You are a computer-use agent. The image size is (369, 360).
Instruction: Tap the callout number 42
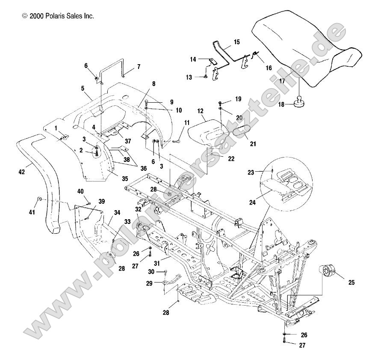22,172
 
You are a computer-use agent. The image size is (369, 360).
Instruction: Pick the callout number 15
236,42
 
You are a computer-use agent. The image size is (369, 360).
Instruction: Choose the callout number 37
127,141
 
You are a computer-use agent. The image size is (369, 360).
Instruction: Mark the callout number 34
117,212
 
